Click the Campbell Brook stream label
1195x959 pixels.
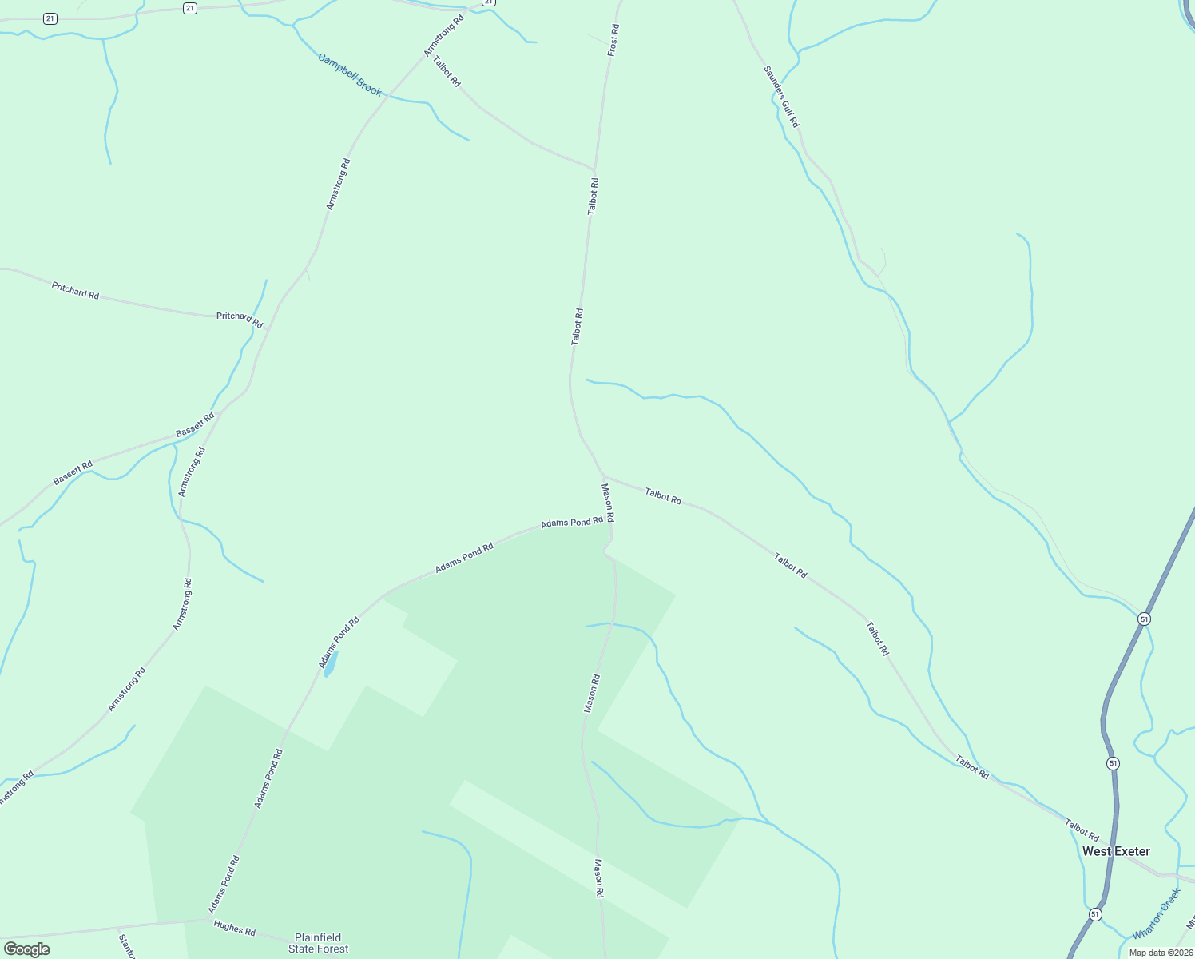[x=350, y=74]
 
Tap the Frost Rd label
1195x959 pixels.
[x=613, y=40]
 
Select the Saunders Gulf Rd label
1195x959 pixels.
[x=780, y=96]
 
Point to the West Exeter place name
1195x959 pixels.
[x=1116, y=851]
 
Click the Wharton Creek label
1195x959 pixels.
[x=1156, y=914]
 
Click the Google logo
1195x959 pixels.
[x=26, y=949]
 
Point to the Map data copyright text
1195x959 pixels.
[x=1161, y=953]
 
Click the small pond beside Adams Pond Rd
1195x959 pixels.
[x=330, y=664]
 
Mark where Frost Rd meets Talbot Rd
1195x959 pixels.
[x=595, y=169]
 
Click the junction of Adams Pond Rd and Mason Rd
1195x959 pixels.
[x=612, y=523]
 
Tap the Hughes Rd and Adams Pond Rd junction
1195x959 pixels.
[x=209, y=920]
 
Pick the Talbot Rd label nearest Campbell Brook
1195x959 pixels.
[x=447, y=70]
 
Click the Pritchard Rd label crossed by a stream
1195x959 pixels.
[x=240, y=320]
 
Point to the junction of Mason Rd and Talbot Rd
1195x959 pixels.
[x=604, y=476]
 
